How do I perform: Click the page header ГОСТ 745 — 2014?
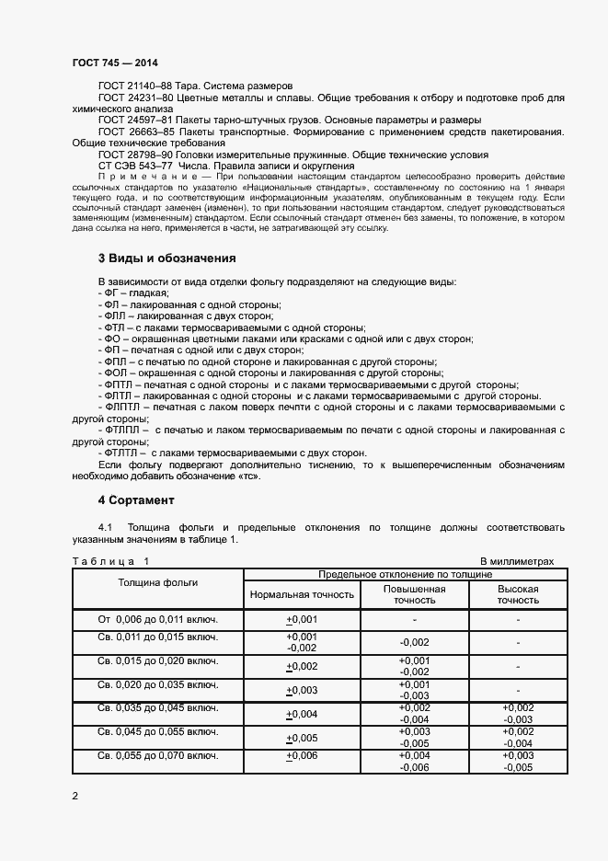(114, 62)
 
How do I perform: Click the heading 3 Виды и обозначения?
(166, 258)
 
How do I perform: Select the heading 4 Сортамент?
(135, 500)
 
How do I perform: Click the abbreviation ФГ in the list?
(109, 293)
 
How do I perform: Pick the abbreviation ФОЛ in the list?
(113, 373)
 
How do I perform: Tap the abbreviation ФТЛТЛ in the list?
(119, 453)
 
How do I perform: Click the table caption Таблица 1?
(110, 560)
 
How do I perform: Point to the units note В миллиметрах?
(517, 560)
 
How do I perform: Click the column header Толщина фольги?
(157, 583)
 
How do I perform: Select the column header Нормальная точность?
(302, 594)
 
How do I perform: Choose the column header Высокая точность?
(518, 594)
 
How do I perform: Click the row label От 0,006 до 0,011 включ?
(157, 618)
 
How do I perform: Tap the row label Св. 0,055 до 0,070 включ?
(157, 755)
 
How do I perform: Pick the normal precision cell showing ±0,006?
(302, 755)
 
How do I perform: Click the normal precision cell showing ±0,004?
(302, 714)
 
